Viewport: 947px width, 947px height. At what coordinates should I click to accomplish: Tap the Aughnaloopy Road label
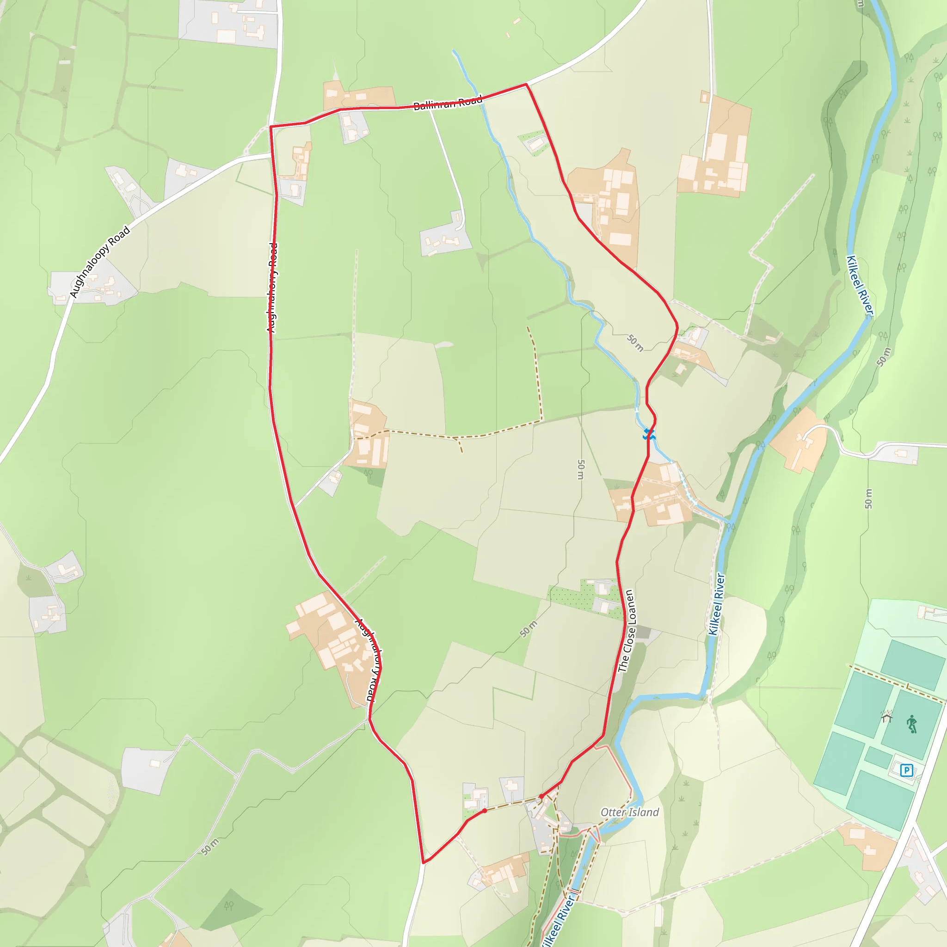click(100, 262)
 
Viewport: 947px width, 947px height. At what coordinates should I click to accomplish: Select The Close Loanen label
click(627, 631)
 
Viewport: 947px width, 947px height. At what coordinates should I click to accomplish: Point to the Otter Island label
click(629, 812)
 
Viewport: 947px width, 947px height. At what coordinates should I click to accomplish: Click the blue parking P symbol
click(906, 770)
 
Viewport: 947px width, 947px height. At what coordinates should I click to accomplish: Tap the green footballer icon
click(911, 724)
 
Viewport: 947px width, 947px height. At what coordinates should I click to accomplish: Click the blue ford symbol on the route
click(649, 433)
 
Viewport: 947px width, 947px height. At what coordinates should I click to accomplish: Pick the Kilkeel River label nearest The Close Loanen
click(716, 604)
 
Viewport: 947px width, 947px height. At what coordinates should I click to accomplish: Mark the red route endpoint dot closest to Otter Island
click(541, 796)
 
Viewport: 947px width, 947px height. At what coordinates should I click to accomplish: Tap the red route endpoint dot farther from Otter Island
click(485, 811)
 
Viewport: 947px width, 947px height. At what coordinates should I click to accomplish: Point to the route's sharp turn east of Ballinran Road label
click(526, 84)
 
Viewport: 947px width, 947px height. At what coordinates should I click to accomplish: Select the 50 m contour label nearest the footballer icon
click(868, 498)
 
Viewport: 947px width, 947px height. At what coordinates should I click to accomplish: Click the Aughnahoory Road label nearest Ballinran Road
click(272, 288)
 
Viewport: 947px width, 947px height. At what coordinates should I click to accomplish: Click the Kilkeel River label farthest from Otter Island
click(860, 286)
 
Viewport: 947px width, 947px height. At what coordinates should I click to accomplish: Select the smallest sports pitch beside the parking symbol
click(878, 757)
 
